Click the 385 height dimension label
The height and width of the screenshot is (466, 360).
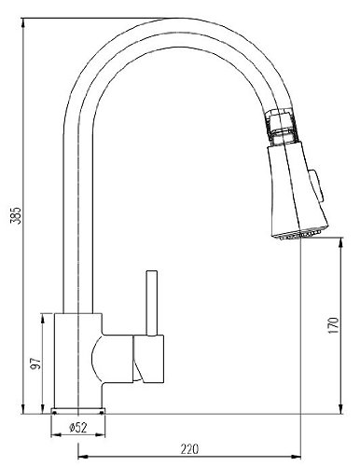click(16, 215)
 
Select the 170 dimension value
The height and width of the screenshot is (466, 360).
click(333, 325)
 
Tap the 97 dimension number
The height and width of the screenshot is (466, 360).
click(35, 363)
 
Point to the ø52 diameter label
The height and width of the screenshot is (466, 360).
click(78, 428)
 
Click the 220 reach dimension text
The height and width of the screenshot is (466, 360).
click(189, 449)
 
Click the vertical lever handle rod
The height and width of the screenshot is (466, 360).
click(152, 303)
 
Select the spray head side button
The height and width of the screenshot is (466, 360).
click(316, 185)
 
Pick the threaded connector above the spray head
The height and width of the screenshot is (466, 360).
click(283, 127)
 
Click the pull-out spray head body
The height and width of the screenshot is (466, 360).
click(297, 188)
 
